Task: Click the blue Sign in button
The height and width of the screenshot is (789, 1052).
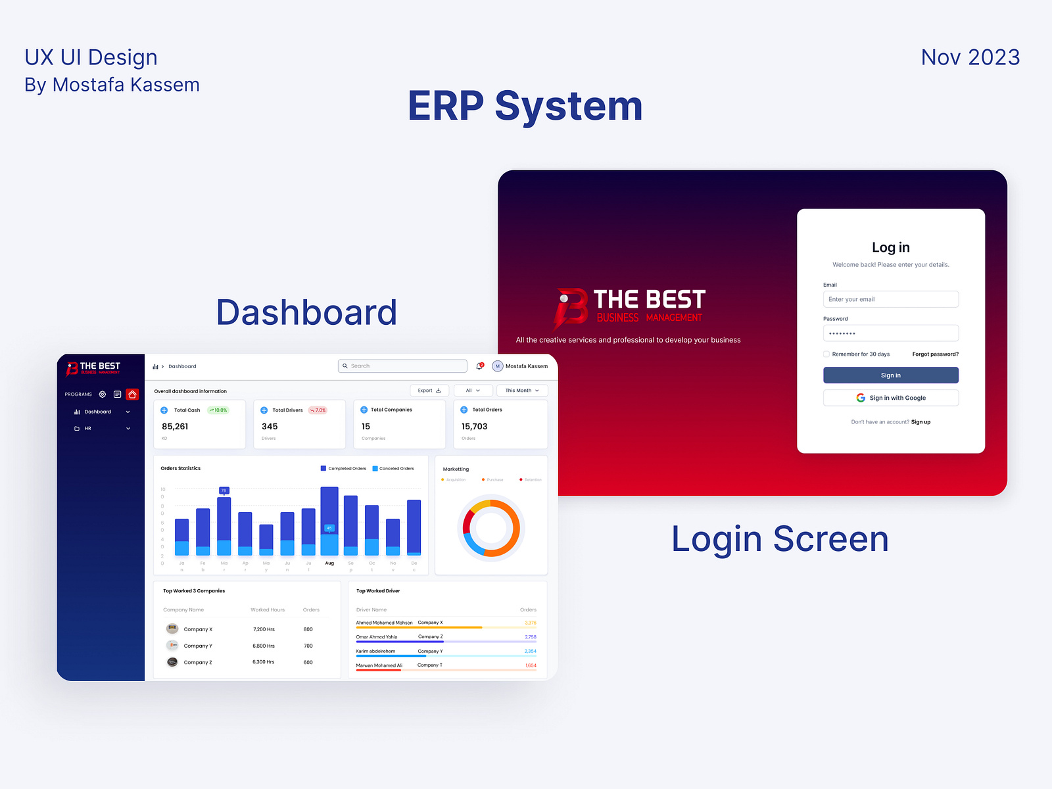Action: pos(890,375)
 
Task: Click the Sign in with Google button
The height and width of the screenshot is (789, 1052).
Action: pos(890,398)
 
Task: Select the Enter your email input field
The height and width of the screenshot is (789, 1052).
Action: pos(890,299)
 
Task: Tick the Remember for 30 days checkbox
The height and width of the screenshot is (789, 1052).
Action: pos(826,354)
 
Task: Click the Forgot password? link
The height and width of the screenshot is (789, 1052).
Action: pos(935,354)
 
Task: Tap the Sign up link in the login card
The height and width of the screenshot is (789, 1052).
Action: pos(920,422)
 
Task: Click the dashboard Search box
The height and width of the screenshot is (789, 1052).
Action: pos(402,366)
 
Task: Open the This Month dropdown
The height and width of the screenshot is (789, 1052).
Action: pos(522,391)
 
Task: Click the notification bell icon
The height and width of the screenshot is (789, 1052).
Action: pos(479,366)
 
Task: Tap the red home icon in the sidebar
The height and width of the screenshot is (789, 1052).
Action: pos(132,394)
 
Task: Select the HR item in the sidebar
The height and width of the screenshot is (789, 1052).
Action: pos(87,429)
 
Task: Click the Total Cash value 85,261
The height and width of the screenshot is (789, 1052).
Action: pos(175,427)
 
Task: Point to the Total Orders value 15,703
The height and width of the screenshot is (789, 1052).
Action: pos(474,427)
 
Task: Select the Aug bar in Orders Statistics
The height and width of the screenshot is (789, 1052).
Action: pos(329,519)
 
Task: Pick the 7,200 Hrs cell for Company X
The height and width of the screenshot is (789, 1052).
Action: pos(264,629)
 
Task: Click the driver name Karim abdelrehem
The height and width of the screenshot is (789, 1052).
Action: pos(375,652)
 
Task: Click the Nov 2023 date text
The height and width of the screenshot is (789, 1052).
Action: pos(970,57)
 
